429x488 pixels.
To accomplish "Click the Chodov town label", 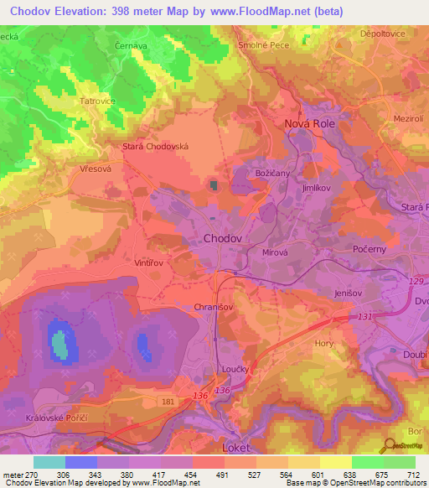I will tap(224, 239).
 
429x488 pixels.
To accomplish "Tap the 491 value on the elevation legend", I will tap(222, 474).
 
